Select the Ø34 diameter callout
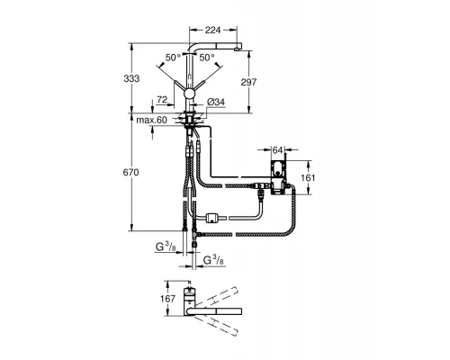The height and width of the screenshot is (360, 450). tap(216, 104)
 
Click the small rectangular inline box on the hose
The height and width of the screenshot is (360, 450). tap(213, 216)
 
